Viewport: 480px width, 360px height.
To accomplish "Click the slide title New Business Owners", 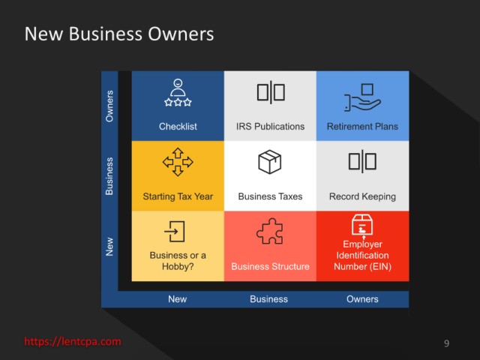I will click(119, 34).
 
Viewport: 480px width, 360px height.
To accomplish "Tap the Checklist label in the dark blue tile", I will click(178, 127).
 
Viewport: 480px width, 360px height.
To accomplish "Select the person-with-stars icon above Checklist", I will click(178, 93).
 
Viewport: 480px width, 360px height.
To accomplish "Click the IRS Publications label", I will click(270, 127).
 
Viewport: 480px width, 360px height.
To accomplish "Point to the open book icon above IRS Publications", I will click(270, 91).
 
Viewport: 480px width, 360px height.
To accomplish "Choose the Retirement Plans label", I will click(362, 127).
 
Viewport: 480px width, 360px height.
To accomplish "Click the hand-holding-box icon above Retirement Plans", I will click(362, 96).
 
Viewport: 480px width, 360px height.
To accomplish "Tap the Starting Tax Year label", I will click(178, 196).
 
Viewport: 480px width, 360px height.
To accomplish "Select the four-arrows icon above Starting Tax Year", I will click(178, 161).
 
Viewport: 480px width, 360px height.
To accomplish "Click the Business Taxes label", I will click(270, 196).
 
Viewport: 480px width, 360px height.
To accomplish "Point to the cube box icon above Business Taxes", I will click(270, 162).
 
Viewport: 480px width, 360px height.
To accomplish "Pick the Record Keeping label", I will click(362, 196).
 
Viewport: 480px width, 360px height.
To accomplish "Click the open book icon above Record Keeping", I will click(362, 161).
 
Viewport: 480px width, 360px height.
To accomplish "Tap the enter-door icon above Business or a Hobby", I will click(175, 231).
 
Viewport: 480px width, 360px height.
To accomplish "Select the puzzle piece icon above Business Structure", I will click(270, 231).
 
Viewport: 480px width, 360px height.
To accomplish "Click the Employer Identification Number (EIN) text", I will click(362, 255).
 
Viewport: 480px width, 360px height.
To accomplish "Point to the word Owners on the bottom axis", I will click(362, 299).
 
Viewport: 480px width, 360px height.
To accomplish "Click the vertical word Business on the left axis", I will click(110, 176).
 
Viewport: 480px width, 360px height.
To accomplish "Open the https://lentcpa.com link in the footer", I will click(73, 341).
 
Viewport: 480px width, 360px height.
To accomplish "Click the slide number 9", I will click(447, 343).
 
